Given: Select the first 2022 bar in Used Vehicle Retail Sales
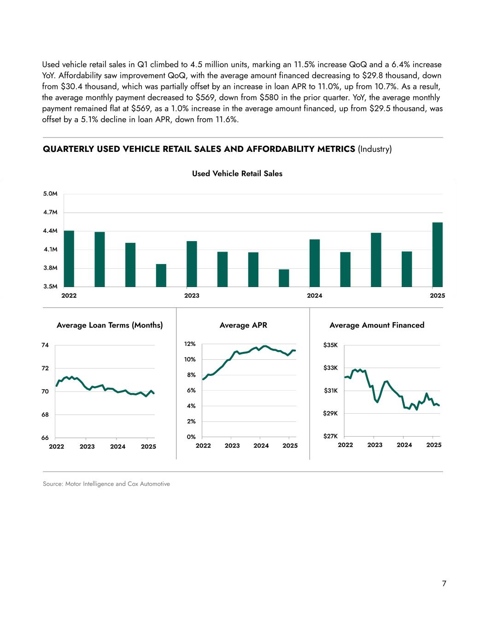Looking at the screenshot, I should (69, 259).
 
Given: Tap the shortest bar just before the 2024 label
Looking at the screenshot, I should (284, 278).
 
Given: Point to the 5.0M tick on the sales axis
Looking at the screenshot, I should (50, 194).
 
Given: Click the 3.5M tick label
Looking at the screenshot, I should (50, 286).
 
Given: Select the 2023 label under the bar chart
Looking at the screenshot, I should (192, 295).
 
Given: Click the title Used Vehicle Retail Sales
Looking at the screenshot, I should (237, 173).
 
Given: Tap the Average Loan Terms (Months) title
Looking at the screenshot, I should (110, 325).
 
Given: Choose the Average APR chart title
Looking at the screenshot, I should (243, 325).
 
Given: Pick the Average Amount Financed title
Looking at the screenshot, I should (377, 325).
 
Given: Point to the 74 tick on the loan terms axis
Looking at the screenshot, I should (45, 345).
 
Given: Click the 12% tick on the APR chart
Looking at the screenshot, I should (190, 344).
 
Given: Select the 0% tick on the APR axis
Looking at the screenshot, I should (191, 437).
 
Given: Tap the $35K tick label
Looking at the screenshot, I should (330, 345).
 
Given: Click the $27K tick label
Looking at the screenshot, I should (330, 436).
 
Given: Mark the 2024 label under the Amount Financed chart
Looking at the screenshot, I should (404, 445).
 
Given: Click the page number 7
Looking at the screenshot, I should (444, 584).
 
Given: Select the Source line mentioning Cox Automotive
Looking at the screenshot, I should (106, 484).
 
